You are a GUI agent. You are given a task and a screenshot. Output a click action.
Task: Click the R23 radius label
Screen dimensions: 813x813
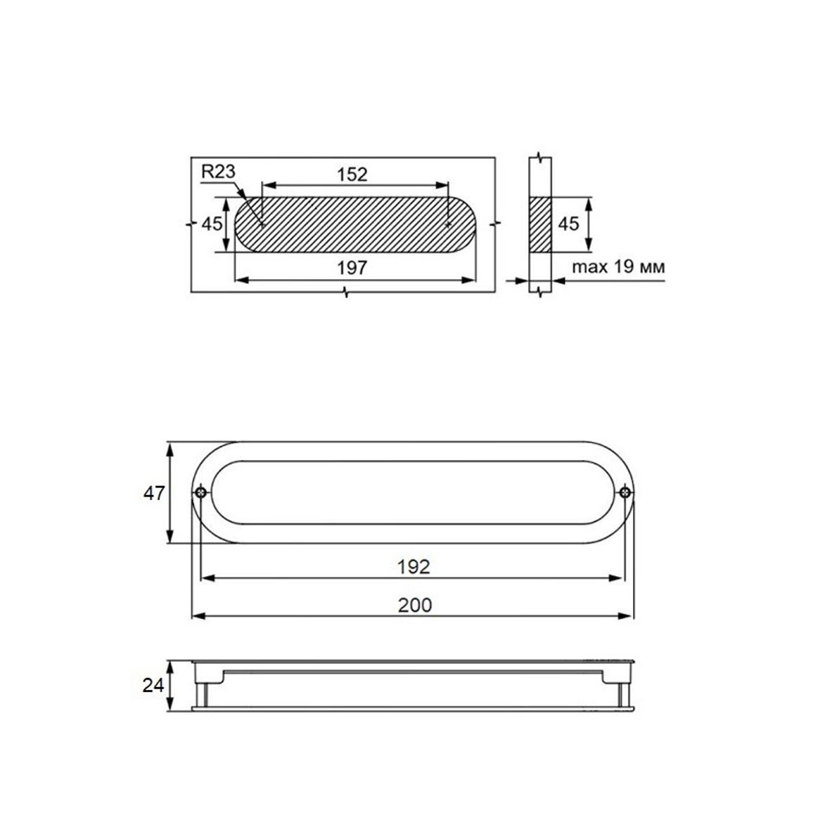[218, 171]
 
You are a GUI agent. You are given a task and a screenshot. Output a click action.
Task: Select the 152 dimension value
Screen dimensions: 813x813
[352, 174]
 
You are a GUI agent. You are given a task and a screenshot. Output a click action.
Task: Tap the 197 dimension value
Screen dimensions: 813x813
[352, 268]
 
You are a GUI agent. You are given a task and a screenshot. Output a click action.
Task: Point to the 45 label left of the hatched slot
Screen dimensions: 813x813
[212, 224]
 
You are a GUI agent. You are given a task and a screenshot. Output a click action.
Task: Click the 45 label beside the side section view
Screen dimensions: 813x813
[568, 224]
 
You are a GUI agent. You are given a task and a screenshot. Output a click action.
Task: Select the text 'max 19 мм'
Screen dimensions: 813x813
[618, 267]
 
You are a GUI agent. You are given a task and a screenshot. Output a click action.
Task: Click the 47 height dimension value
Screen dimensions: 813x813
[154, 493]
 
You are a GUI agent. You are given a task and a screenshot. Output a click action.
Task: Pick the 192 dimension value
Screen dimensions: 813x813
[414, 567]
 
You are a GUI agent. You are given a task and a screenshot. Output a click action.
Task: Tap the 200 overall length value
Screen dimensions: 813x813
[415, 605]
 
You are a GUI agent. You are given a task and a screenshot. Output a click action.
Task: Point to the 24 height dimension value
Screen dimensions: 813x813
[153, 686]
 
